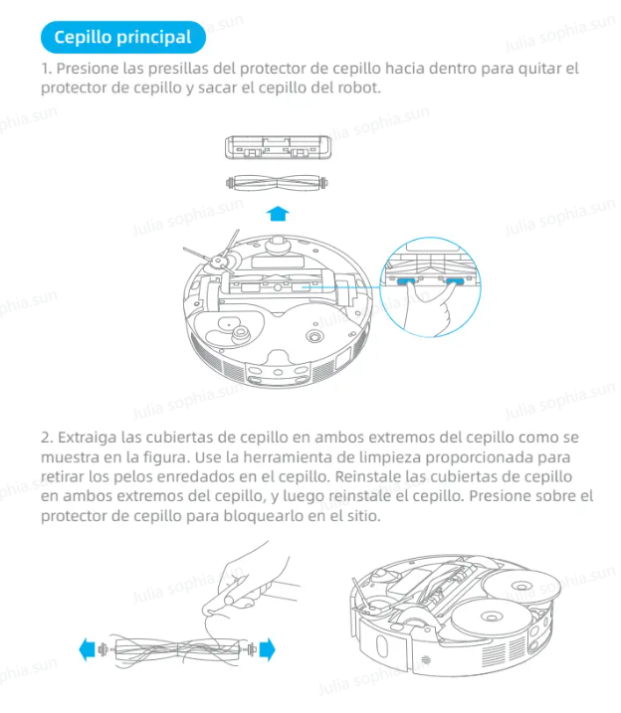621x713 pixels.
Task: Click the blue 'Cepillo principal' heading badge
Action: tap(122, 37)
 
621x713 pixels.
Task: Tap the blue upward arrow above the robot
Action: tap(278, 213)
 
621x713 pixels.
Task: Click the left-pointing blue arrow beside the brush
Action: tap(87, 649)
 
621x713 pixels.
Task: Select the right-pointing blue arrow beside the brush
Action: tap(267, 649)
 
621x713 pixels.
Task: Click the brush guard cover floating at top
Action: tap(278, 147)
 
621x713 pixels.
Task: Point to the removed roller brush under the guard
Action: tap(277, 183)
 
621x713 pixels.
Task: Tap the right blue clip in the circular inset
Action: tap(455, 282)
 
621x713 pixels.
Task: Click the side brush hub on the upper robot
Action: tap(217, 262)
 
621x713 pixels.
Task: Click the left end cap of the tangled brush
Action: tap(103, 649)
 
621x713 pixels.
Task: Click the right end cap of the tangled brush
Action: tap(249, 649)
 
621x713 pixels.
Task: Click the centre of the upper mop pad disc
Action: tap(522, 586)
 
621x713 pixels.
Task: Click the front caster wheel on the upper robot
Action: tap(277, 245)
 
